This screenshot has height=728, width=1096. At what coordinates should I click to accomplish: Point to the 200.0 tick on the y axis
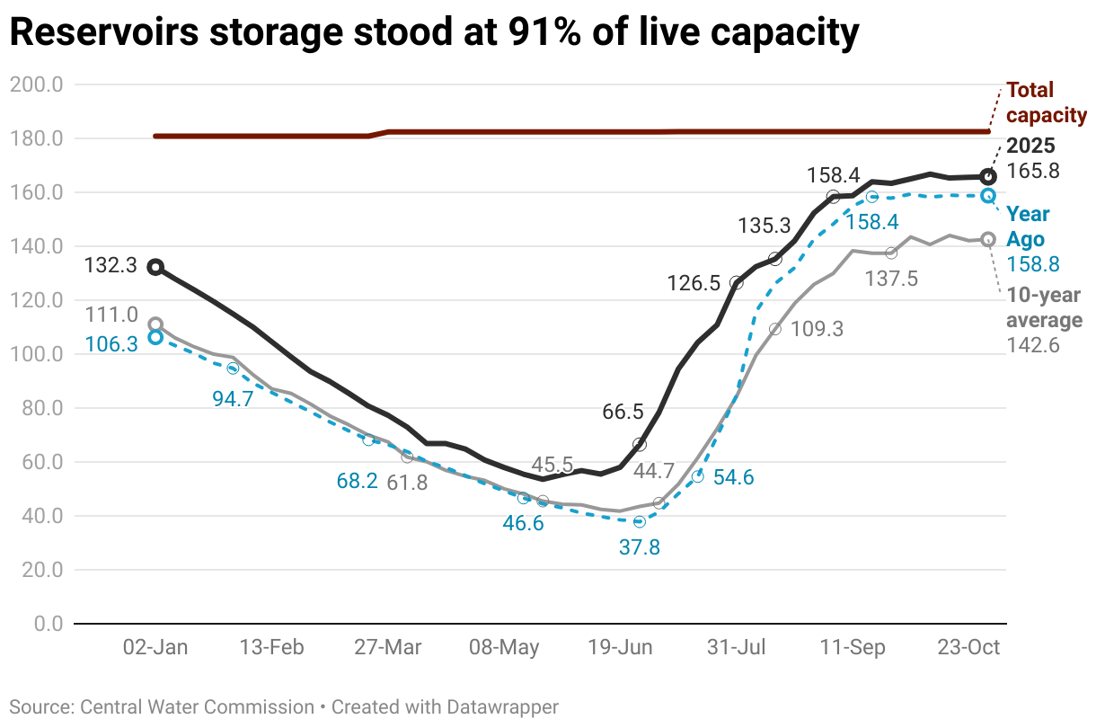36,85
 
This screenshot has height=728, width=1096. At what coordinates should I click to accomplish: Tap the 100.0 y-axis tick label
36,354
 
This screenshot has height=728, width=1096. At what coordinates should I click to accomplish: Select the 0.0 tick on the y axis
43,624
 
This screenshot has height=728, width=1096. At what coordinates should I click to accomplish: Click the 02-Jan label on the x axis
155,648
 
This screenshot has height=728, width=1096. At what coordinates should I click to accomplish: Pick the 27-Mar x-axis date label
388,648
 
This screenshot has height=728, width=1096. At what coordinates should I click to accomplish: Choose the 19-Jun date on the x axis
620,648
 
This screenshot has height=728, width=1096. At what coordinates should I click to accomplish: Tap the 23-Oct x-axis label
968,648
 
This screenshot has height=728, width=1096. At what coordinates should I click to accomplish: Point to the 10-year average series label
1043,308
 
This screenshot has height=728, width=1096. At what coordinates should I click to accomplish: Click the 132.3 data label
110,266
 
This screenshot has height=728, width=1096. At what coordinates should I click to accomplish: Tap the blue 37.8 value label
640,546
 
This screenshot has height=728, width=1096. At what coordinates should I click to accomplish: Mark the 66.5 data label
623,412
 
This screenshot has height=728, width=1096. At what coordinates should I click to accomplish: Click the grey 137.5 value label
892,279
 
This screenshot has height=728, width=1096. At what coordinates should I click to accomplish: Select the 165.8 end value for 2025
1031,171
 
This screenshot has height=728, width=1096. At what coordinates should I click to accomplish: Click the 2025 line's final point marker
987,177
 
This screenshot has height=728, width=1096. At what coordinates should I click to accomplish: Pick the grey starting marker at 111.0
155,324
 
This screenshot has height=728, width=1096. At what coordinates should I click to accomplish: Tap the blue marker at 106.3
155,337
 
